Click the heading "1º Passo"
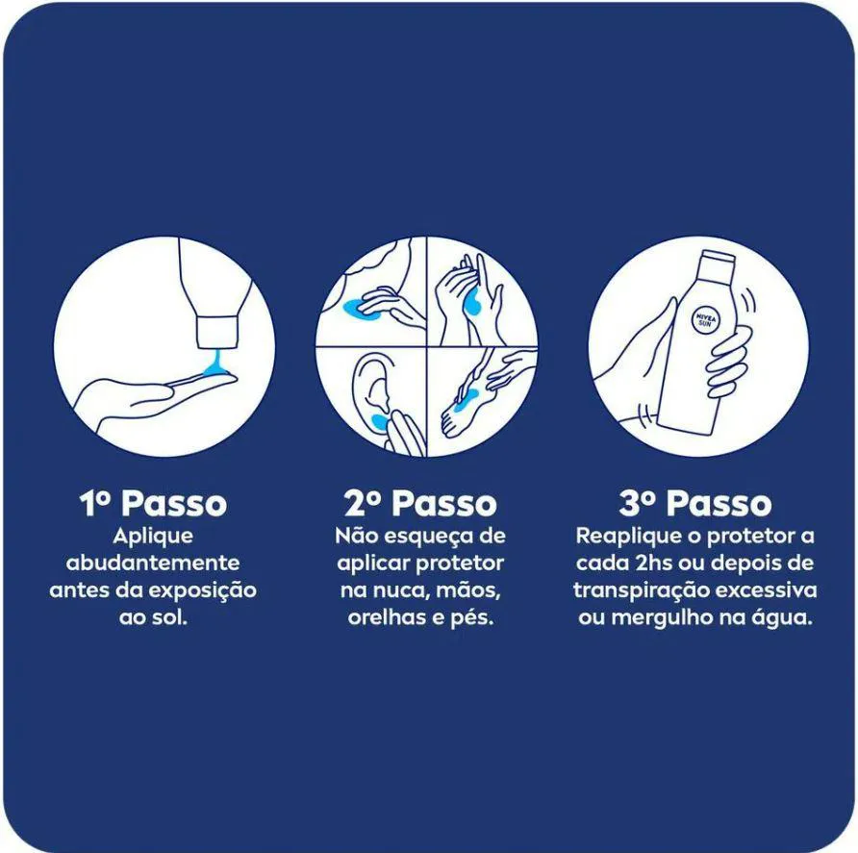click(153, 503)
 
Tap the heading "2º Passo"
click(420, 503)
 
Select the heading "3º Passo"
click(694, 503)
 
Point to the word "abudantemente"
click(153, 563)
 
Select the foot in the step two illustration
click(464, 408)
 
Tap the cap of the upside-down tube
click(216, 331)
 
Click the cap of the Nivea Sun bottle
click(717, 259)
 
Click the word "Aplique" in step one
click(153, 537)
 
